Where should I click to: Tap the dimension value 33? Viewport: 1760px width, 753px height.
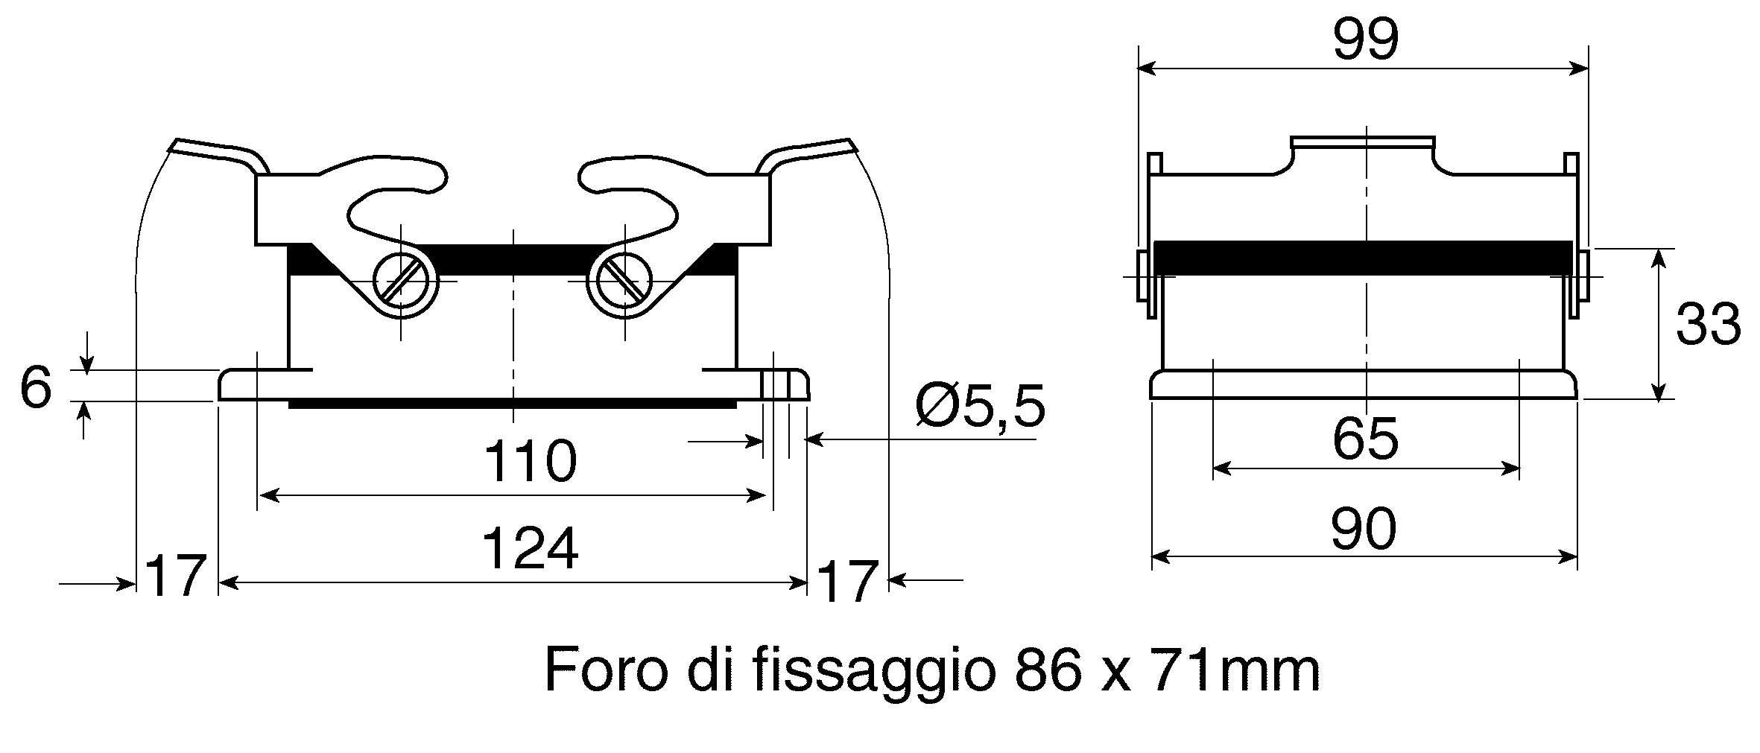tap(1708, 325)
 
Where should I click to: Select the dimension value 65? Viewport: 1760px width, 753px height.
tap(1365, 439)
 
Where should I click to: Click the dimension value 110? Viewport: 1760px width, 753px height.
tap(531, 461)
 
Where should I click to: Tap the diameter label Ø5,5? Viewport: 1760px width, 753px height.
tap(980, 407)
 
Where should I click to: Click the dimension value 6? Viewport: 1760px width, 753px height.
tap(36, 388)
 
